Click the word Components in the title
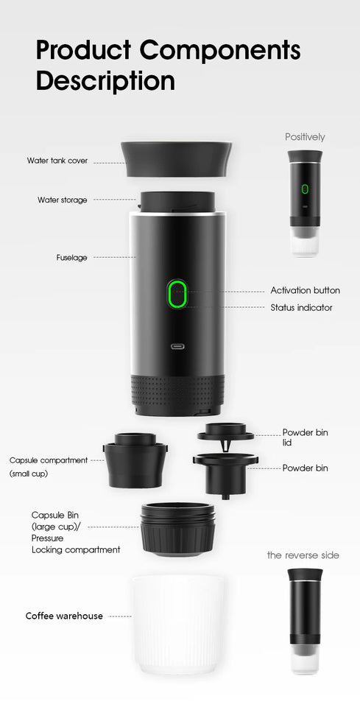click(219, 51)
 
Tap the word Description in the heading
click(105, 80)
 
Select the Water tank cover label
click(57, 160)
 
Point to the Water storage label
click(63, 200)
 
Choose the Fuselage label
click(72, 258)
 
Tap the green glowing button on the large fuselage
click(177, 295)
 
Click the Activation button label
click(305, 290)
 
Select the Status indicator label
click(301, 307)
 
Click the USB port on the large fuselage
click(177, 346)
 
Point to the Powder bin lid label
click(305, 437)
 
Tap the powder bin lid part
click(225, 432)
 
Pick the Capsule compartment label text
click(49, 460)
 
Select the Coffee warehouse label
click(64, 616)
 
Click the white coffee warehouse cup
click(177, 624)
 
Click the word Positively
click(305, 137)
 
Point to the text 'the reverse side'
click(303, 555)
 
